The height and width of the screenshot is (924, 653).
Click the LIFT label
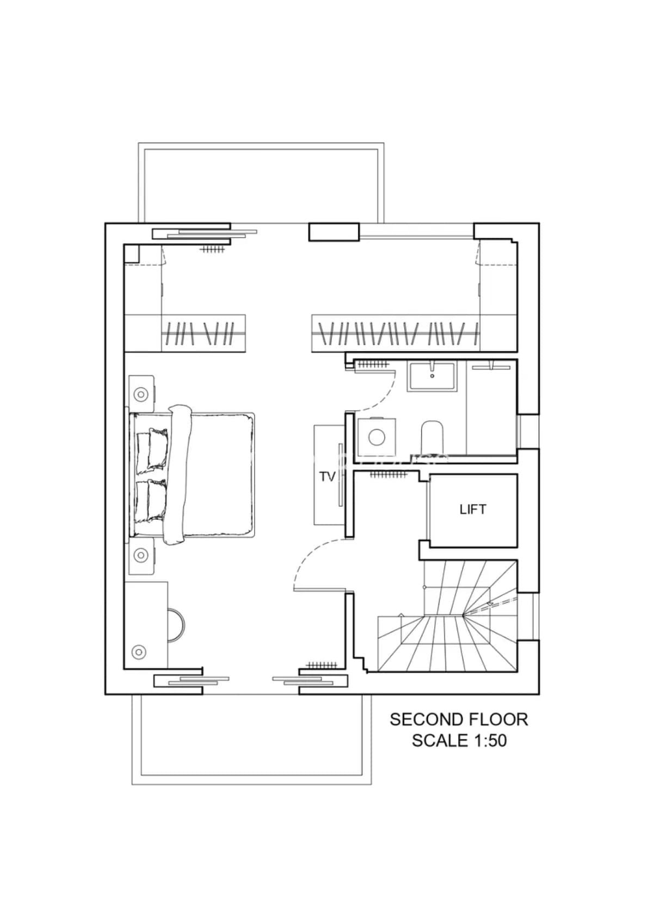(x=473, y=509)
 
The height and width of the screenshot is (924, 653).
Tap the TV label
(x=327, y=477)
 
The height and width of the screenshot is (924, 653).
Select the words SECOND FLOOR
(x=459, y=719)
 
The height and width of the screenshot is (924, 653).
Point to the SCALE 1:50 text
(x=459, y=741)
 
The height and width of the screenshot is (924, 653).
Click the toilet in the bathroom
(x=432, y=438)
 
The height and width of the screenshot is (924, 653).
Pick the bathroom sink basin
(x=432, y=376)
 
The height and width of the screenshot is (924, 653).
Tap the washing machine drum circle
(x=377, y=438)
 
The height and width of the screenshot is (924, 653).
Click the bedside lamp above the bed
(x=141, y=395)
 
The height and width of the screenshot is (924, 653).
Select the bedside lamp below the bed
(x=141, y=555)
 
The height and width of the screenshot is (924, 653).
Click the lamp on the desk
(x=139, y=652)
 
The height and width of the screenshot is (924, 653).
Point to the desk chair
(x=176, y=625)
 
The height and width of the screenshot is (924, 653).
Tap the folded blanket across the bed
(x=178, y=475)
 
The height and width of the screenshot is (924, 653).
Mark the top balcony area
(x=261, y=183)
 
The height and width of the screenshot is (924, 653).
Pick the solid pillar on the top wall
(x=334, y=232)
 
